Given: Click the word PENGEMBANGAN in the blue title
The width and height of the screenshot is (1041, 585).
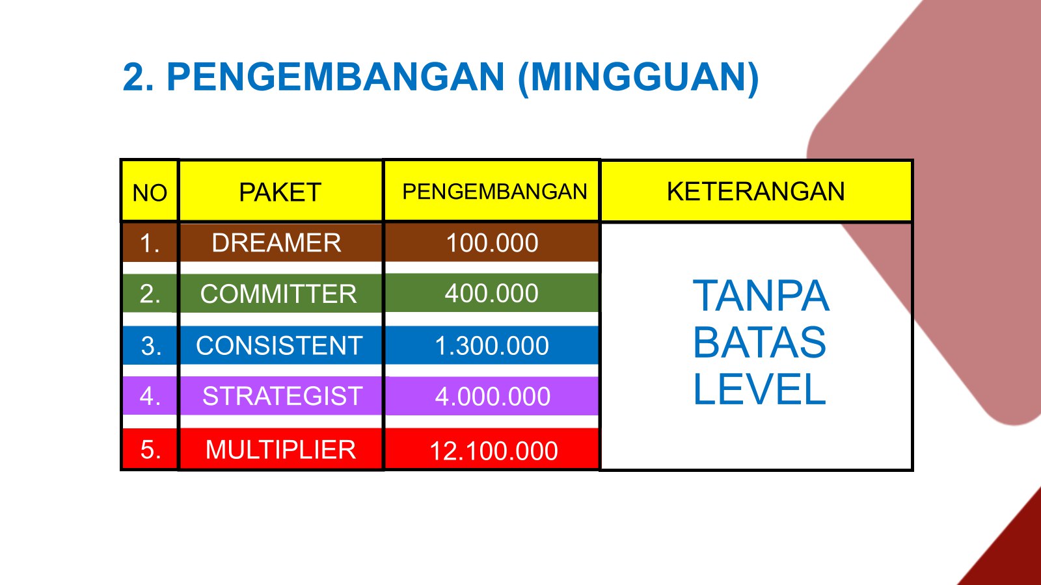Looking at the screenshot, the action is pos(336,77).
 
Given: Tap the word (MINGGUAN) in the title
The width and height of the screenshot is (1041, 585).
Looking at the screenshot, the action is pos(638,79).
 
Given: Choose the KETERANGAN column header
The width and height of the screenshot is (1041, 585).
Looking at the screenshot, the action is pos(755,191).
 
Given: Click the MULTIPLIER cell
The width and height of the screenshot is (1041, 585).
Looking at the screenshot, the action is pos(280,449).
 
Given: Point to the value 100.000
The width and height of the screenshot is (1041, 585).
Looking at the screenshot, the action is pos(492,243).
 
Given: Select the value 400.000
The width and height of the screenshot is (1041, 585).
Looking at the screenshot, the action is pos(492,293).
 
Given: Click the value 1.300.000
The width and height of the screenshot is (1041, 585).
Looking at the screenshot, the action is pos(492,346).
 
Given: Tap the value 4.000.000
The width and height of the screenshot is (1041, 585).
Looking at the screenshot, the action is pos(493,396).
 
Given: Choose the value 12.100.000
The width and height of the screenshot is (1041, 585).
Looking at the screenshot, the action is pos(494,451).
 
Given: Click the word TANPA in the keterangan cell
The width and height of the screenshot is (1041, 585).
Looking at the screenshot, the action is pos(761,296).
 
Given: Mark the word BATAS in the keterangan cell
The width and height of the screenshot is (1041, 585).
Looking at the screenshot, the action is pos(759,342).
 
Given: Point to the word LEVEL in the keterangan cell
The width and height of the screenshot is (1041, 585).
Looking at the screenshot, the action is pos(759,389).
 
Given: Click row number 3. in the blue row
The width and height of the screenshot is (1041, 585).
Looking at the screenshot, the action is pos(151,346).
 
